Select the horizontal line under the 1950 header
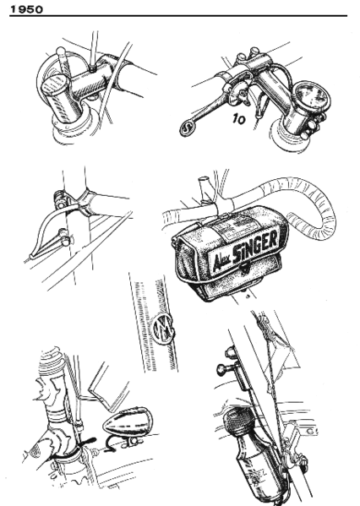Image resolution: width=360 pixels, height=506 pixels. click(180, 16)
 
